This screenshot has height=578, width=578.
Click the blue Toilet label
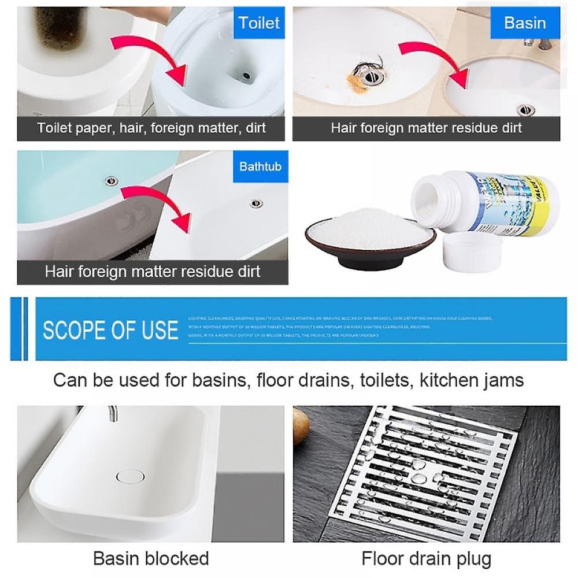tap(259, 23)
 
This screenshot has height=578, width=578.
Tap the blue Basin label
tap(524, 23)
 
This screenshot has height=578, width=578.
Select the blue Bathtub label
tap(260, 166)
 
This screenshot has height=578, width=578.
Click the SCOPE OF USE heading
tap(110, 330)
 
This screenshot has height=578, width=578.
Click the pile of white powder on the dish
tap(369, 229)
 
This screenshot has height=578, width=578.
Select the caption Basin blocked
tap(151, 558)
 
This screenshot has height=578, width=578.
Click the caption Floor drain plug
tap(426, 558)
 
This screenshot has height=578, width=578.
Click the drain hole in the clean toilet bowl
tap(246, 75)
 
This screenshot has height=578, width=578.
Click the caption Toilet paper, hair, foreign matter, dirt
tap(151, 128)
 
